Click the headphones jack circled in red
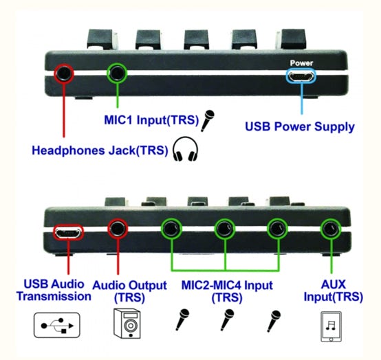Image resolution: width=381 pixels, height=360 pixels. pyautogui.click(x=64, y=73)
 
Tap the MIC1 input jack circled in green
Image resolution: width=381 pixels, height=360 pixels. pyautogui.click(x=117, y=73)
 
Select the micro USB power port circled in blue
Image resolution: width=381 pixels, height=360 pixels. pyautogui.click(x=301, y=76)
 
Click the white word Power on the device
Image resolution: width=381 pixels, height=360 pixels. pyautogui.click(x=301, y=63)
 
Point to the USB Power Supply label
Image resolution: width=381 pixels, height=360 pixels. pyautogui.click(x=300, y=126)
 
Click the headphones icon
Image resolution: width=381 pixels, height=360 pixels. pyautogui.click(x=185, y=149)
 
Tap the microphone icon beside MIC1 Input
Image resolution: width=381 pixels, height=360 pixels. pyautogui.click(x=207, y=121)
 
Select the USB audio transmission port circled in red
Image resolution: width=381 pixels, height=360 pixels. pyautogui.click(x=68, y=232)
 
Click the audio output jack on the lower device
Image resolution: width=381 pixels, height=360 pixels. pyautogui.click(x=118, y=229)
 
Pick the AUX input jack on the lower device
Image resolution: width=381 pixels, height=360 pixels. pyautogui.click(x=331, y=229)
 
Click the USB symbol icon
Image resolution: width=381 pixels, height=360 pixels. pyautogui.click(x=57, y=325)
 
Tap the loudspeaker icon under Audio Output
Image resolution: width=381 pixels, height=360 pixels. pyautogui.click(x=127, y=324)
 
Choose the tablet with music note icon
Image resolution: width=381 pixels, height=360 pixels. pyautogui.click(x=331, y=327)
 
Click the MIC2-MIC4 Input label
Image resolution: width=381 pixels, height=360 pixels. pyautogui.click(x=227, y=291)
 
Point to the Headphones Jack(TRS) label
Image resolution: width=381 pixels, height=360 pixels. pyautogui.click(x=100, y=150)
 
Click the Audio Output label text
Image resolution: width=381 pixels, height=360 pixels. pyautogui.click(x=130, y=291)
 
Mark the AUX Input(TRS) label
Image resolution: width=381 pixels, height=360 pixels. pyautogui.click(x=334, y=291)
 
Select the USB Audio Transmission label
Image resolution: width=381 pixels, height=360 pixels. pyautogui.click(x=54, y=291)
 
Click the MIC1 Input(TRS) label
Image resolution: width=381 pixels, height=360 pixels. pyautogui.click(x=151, y=120)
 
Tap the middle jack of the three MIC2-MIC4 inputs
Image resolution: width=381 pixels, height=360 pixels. pyautogui.click(x=225, y=229)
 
